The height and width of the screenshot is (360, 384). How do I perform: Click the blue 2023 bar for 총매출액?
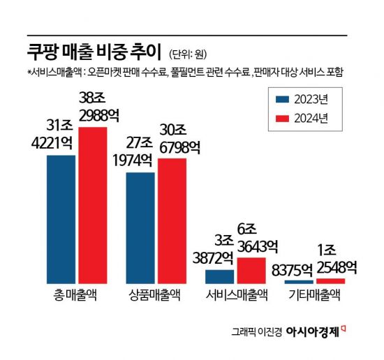(61, 219)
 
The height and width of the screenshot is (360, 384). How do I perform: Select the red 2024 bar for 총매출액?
(92, 205)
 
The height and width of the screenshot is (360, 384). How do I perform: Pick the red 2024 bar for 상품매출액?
(172, 220)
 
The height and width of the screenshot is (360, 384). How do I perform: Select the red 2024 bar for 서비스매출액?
(251, 270)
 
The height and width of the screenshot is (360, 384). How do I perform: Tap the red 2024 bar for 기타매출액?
(330, 280)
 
